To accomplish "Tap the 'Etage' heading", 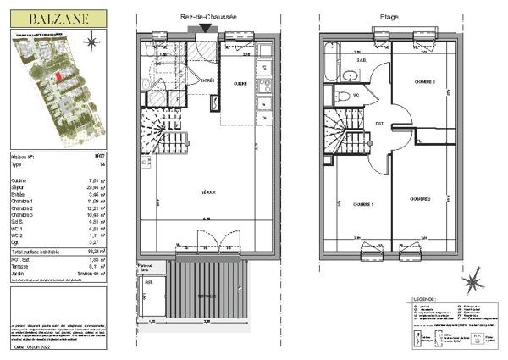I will point(389,16).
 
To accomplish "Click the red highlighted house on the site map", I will point(58,76).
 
